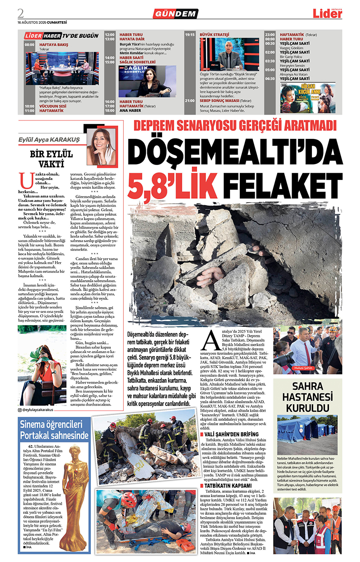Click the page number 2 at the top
point(21,12)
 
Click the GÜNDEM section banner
point(175,14)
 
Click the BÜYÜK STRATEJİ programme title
point(214,35)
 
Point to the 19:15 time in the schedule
point(189,35)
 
